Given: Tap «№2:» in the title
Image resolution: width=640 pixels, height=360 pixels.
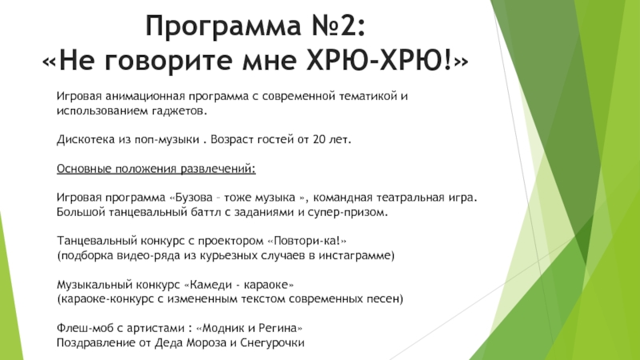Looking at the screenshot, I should pos(335,30).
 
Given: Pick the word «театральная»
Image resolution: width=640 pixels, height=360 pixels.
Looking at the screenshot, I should pos(412,198).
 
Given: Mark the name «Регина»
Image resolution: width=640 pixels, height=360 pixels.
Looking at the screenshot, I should pos(282,328).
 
